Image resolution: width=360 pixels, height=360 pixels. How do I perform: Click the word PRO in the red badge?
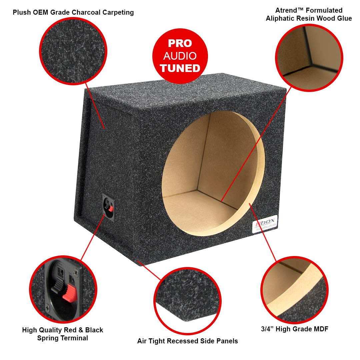click(180, 43)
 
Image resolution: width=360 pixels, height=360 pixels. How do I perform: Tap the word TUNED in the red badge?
click(180, 68)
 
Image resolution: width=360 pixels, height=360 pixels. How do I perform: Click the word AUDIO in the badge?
click(180, 56)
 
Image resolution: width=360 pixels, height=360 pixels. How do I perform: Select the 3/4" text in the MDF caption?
click(268, 329)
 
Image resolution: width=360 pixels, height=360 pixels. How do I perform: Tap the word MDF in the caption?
click(320, 329)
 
